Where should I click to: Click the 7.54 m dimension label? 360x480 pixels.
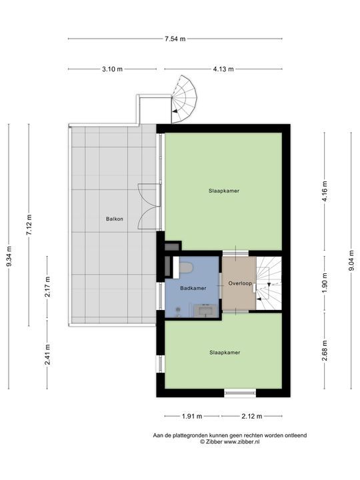pyautogui.click(x=175, y=39)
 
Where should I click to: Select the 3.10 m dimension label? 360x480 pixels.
pyautogui.click(x=113, y=69)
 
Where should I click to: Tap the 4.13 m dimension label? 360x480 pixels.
pyautogui.click(x=223, y=69)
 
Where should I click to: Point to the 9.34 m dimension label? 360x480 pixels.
pyautogui.click(x=9, y=256)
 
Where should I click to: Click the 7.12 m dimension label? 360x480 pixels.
pyautogui.click(x=29, y=225)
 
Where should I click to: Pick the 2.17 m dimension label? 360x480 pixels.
pyautogui.click(x=47, y=287)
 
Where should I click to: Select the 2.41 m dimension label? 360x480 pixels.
pyautogui.click(x=47, y=355)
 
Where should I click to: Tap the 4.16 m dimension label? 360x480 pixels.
pyautogui.click(x=325, y=191)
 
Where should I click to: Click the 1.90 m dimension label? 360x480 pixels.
pyautogui.click(x=325, y=283)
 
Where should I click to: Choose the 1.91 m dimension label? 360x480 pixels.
pyautogui.click(x=192, y=416)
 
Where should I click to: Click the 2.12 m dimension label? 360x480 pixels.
pyautogui.click(x=252, y=416)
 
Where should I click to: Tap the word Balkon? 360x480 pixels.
pyautogui.click(x=115, y=219)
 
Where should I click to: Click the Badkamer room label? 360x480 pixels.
pyautogui.click(x=193, y=288)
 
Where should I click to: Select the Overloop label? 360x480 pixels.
pyautogui.click(x=240, y=283)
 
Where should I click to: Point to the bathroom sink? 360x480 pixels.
pyautogui.click(x=205, y=311)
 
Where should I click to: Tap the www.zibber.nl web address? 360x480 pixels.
pyautogui.click(x=242, y=442)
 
